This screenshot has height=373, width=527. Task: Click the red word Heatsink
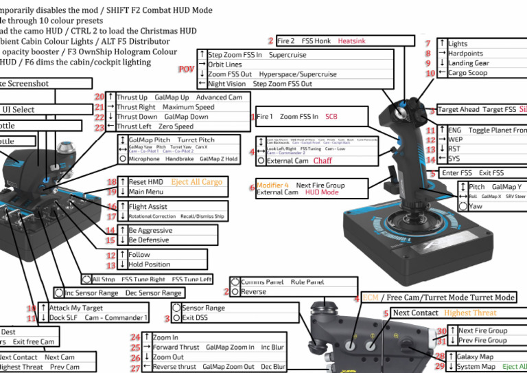351,41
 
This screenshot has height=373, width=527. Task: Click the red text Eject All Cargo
198,182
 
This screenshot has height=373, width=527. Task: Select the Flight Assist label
148,206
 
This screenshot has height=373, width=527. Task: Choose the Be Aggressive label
150,230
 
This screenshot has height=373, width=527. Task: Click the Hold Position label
149,264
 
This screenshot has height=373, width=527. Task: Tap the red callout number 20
99,97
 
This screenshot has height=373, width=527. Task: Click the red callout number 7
428,43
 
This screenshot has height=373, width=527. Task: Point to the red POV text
186,69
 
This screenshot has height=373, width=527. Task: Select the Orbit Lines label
225,65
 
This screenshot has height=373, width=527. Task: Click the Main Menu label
145,192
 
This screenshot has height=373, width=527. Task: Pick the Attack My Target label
77,308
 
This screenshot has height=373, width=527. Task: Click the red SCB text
331,117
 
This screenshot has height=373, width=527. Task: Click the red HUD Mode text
321,193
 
